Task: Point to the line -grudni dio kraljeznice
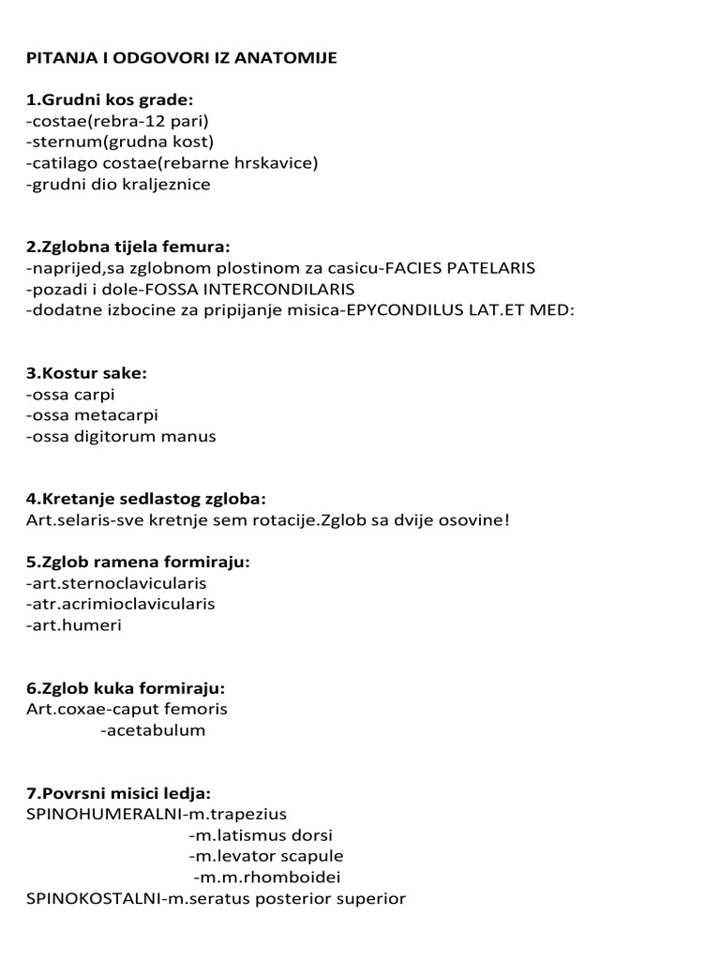[119, 184]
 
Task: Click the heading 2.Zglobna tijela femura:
[128, 247]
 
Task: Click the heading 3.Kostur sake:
[87, 373]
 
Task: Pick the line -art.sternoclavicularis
[117, 583]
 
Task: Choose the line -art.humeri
[75, 624]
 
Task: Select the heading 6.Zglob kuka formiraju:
[126, 688]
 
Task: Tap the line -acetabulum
[152, 729]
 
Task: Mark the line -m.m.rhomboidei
[266, 877]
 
